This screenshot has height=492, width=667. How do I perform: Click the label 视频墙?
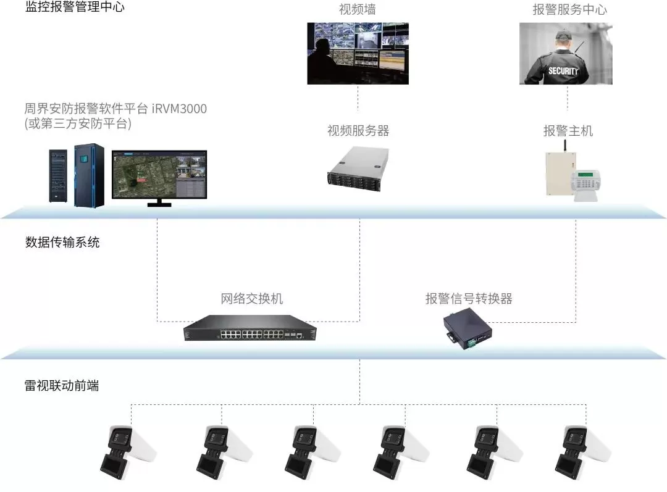tap(358, 9)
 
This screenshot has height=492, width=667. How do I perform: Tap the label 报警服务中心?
tap(569, 9)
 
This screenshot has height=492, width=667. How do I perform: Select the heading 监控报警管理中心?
tap(75, 8)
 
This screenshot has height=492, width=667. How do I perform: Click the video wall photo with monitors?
tap(358, 53)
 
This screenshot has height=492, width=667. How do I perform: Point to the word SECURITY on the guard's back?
tap(563, 71)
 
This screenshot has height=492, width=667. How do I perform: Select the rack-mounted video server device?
tap(358, 165)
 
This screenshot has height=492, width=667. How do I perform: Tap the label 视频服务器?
tap(358, 131)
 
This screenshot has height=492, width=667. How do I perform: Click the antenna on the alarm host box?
tap(564, 146)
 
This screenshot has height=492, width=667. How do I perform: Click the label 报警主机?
tap(568, 131)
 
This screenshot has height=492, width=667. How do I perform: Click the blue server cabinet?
tap(88, 175)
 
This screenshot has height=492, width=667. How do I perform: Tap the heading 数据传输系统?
tap(62, 242)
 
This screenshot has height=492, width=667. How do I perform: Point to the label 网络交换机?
tap(251, 299)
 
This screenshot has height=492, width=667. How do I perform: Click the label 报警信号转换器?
tap(469, 299)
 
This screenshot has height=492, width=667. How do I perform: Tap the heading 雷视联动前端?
tap(62, 386)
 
